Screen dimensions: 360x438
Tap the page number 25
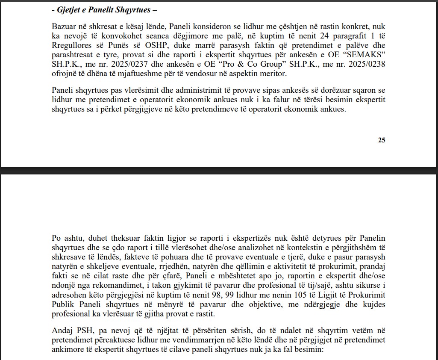(382, 140)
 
